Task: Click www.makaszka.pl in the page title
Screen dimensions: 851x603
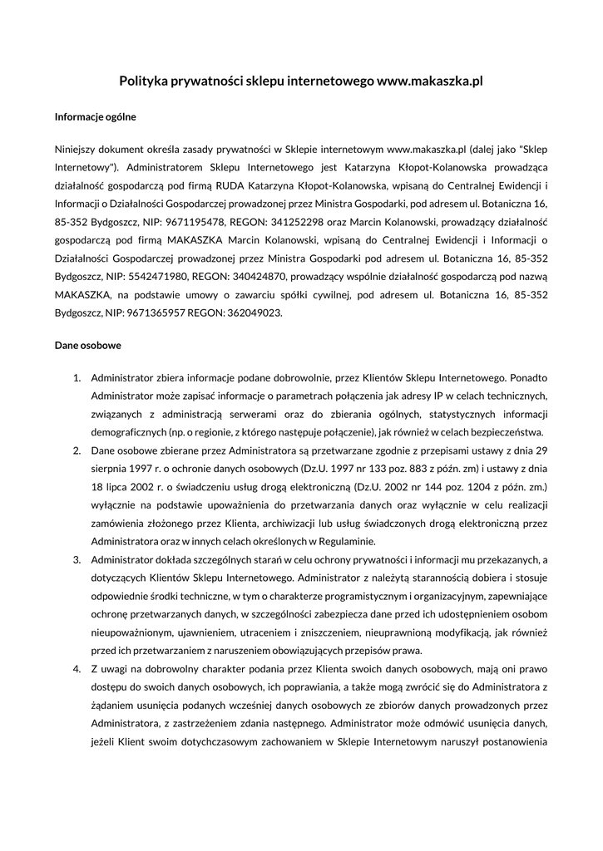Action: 430,81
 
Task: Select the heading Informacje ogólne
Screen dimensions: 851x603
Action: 96,117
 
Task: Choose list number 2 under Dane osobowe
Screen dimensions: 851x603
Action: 76,450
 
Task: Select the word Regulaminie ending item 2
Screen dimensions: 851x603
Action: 339,541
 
